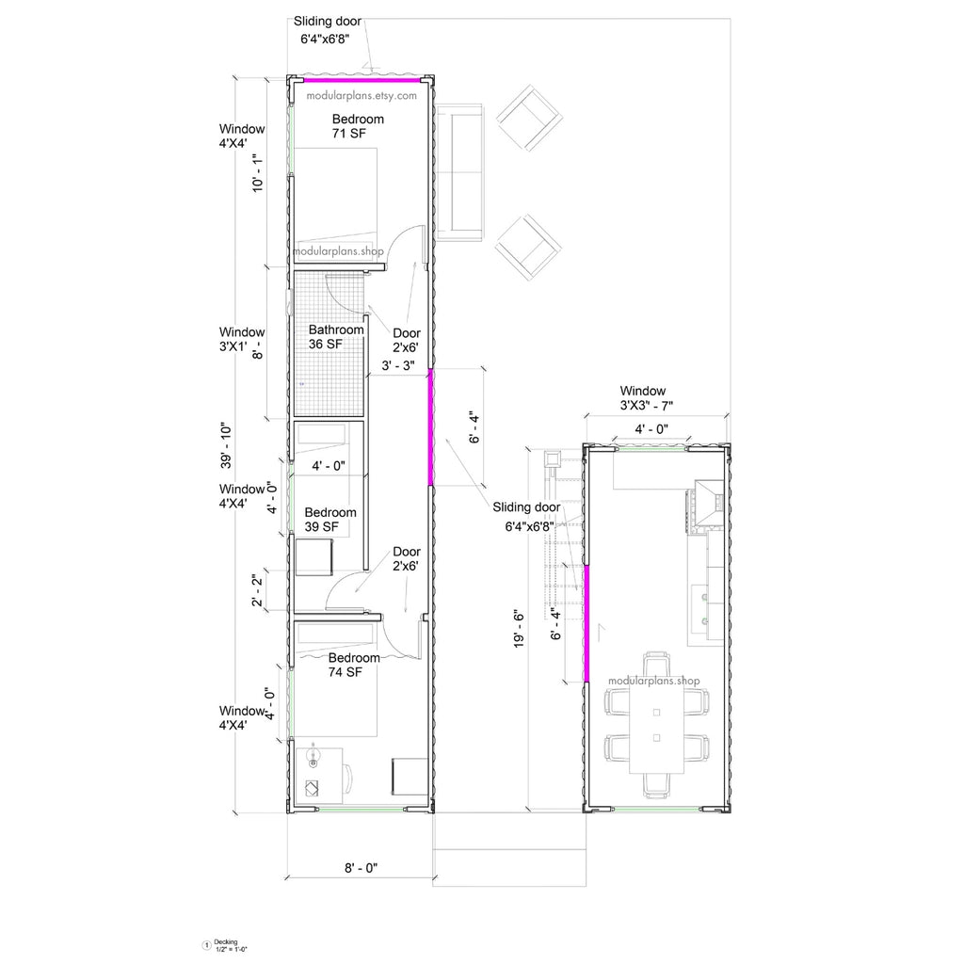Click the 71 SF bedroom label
[x=358, y=127]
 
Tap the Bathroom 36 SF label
[x=336, y=337]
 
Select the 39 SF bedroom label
[x=329, y=520]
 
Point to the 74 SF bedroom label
[x=354, y=665]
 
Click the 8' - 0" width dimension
[x=361, y=869]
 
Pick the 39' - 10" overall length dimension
[x=226, y=444]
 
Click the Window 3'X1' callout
[x=242, y=339]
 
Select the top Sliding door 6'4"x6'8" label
[x=327, y=30]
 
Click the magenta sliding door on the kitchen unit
[x=586, y=623]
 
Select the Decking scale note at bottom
[x=225, y=944]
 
